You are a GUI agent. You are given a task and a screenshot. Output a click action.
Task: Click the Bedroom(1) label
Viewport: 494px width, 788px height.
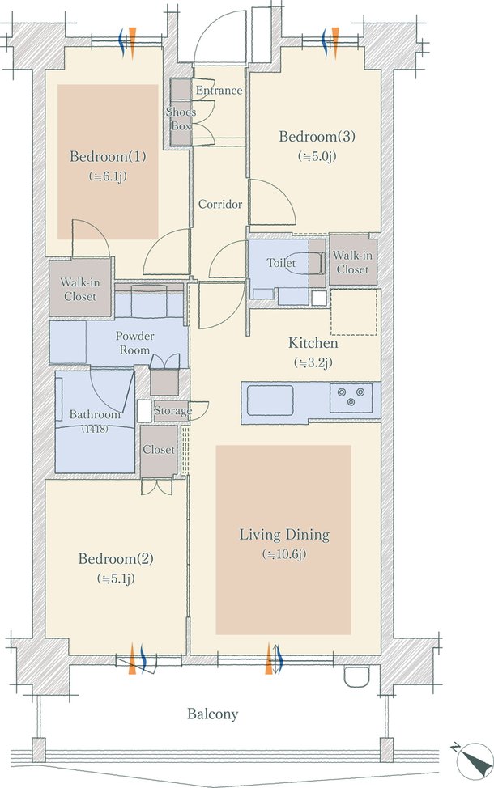click(108, 156)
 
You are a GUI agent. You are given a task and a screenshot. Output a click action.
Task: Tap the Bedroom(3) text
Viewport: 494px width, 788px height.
click(317, 136)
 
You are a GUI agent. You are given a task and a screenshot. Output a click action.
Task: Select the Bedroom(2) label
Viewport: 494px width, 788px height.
click(116, 558)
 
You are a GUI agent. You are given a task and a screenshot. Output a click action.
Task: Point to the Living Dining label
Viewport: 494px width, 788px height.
click(284, 534)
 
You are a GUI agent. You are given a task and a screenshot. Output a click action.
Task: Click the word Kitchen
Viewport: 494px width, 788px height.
click(313, 343)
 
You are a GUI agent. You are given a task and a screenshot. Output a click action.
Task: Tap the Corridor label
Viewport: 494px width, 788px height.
click(219, 204)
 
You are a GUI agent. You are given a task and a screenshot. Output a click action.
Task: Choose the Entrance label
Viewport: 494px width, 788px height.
click(219, 91)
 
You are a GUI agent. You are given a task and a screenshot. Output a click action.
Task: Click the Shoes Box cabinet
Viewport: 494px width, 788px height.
click(181, 112)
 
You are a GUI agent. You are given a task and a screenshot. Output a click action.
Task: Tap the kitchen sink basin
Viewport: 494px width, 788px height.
click(270, 400)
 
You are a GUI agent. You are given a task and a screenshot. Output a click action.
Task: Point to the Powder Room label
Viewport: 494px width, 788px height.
click(134, 343)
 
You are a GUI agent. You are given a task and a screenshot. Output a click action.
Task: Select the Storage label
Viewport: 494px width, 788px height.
click(172, 410)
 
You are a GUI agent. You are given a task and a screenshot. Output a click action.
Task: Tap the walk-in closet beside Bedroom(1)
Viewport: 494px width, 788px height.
click(80, 288)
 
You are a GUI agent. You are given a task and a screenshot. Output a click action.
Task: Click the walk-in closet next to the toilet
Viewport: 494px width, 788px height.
click(352, 261)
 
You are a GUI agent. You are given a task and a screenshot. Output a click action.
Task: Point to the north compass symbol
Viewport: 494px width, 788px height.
click(474, 761)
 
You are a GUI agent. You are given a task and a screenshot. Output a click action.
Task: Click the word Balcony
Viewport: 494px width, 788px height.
click(213, 714)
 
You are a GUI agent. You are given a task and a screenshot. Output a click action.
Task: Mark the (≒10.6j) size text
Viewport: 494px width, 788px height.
click(284, 554)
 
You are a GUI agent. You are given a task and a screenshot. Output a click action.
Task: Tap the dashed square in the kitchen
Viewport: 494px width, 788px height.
click(354, 312)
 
